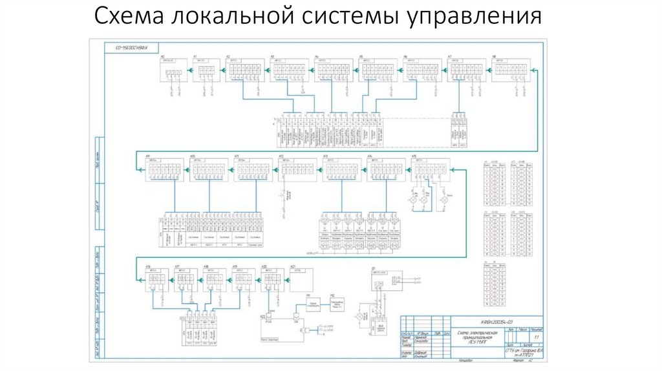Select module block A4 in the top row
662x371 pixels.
(333, 69)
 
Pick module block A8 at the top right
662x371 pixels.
(510, 69)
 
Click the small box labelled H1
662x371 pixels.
(313, 304)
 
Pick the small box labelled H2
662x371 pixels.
(336, 306)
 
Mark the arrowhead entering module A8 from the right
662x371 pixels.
(533, 67)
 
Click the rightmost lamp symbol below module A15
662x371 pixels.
(444, 202)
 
